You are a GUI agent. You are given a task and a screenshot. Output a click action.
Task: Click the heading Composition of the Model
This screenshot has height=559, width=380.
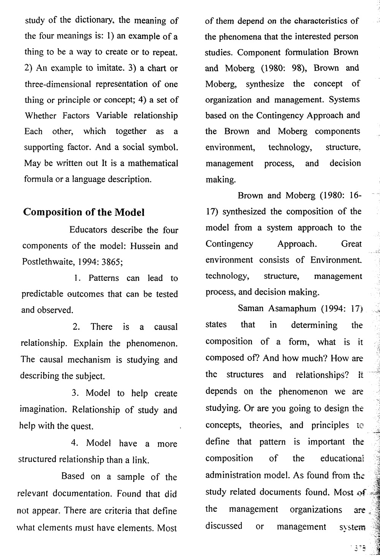click(84, 212)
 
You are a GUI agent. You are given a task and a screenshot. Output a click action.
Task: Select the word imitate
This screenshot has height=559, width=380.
click(109, 68)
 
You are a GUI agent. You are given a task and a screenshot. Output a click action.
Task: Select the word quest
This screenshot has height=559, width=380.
click(82, 426)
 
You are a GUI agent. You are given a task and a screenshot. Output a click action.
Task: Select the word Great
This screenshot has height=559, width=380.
click(351, 244)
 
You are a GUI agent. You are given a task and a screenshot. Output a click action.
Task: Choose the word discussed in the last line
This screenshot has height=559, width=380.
click(224, 526)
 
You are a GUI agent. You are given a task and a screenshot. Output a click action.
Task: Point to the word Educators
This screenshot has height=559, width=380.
click(88, 230)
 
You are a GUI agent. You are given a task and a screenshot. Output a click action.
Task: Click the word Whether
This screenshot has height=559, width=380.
click(40, 115)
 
